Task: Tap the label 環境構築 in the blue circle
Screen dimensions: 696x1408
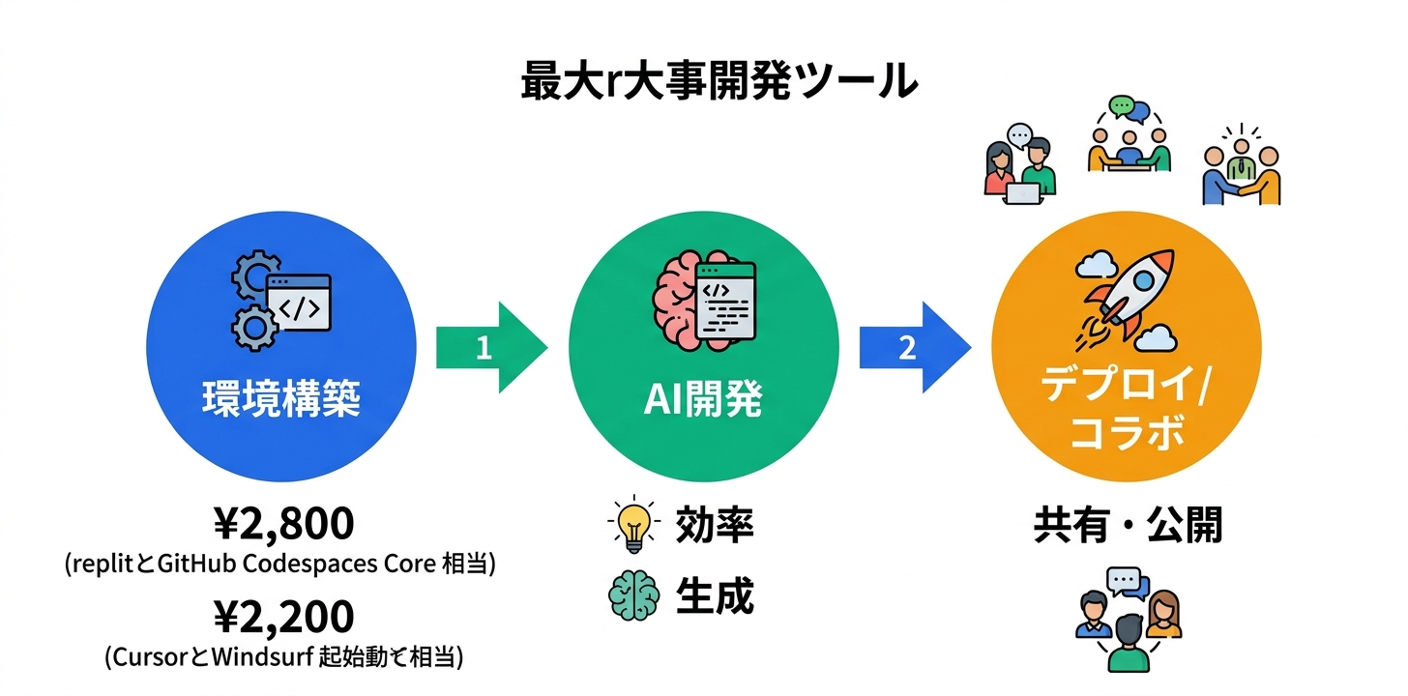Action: coord(280,398)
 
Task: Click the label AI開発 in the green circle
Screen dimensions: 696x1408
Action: coord(703,399)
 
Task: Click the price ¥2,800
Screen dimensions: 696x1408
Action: coord(282,525)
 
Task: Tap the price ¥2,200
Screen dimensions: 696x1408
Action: coord(282,617)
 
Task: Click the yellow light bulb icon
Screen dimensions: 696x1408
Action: coord(633,526)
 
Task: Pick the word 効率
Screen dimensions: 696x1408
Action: coord(714,526)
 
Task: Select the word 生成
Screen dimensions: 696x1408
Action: coord(714,596)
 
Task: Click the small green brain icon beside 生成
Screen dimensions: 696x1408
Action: coord(633,596)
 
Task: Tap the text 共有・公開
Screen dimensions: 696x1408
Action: coord(1128,526)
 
